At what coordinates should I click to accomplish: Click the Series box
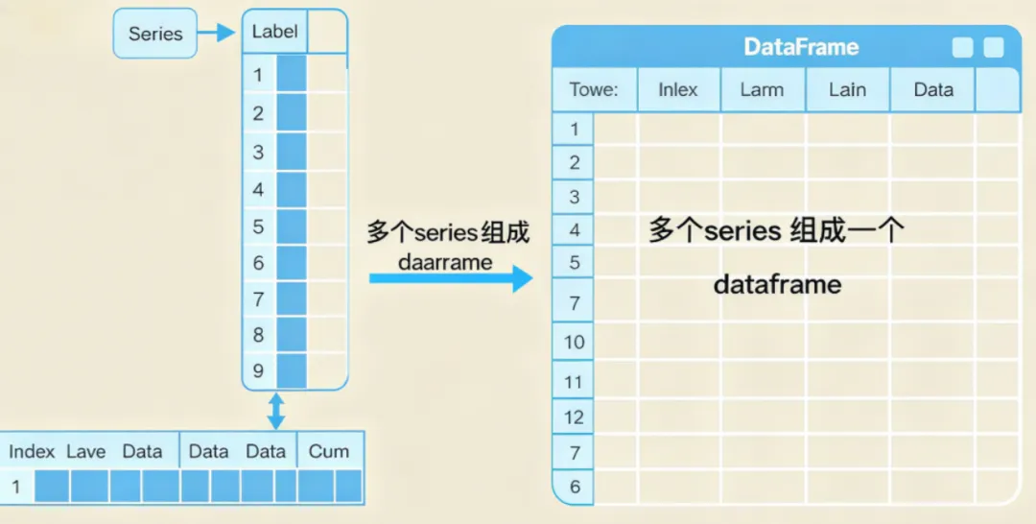(x=154, y=34)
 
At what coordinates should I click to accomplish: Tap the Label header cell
(x=274, y=32)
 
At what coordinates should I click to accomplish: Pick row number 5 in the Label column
(x=258, y=226)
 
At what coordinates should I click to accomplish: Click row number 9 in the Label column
(x=258, y=370)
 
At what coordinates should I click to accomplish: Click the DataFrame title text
(x=801, y=47)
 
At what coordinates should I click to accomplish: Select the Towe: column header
(x=594, y=90)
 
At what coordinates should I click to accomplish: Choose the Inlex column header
(x=678, y=90)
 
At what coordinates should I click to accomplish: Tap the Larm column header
(x=762, y=90)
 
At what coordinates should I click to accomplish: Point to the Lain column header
(x=847, y=90)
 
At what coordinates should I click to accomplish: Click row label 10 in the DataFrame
(x=574, y=342)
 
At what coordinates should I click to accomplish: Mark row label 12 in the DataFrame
(x=574, y=417)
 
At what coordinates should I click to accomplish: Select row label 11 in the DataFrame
(x=574, y=382)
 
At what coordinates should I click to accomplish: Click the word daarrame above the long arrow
(x=446, y=262)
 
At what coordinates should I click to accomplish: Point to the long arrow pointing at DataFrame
(x=450, y=279)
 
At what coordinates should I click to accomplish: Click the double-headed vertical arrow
(x=276, y=411)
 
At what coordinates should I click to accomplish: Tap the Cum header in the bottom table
(x=329, y=451)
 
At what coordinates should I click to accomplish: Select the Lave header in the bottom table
(x=85, y=451)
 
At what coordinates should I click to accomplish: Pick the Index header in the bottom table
(x=32, y=451)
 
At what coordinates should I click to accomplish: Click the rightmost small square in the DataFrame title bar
(x=994, y=48)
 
